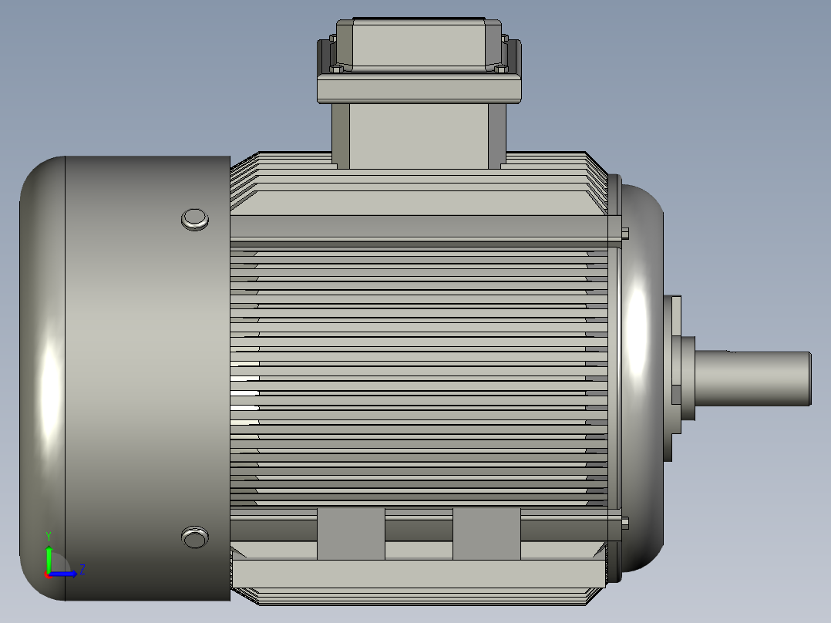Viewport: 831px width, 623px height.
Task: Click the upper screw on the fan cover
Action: coord(195,219)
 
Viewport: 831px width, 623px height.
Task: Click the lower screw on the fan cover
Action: coord(194,537)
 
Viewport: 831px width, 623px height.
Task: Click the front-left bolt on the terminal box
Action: coord(336,69)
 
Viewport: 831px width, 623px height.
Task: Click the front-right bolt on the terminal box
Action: coord(500,69)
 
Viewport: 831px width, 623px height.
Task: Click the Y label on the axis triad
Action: coord(48,536)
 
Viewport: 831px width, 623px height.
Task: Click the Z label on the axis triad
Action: coord(82,569)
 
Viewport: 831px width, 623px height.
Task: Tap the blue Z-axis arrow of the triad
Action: coord(66,574)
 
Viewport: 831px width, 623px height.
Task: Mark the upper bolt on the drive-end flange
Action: coord(624,233)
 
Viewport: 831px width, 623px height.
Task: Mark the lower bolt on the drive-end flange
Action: coord(624,523)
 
